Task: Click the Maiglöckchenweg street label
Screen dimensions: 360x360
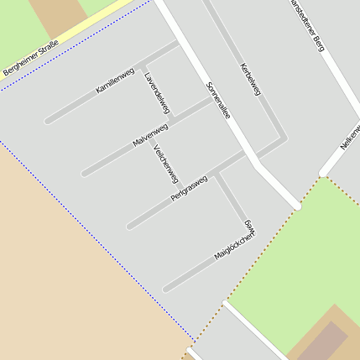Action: [x=236, y=240]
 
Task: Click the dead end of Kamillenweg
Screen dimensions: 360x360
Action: [x=49, y=121]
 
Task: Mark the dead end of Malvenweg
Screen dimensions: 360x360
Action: [x=85, y=174]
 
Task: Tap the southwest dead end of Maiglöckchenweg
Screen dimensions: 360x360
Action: [x=166, y=289]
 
